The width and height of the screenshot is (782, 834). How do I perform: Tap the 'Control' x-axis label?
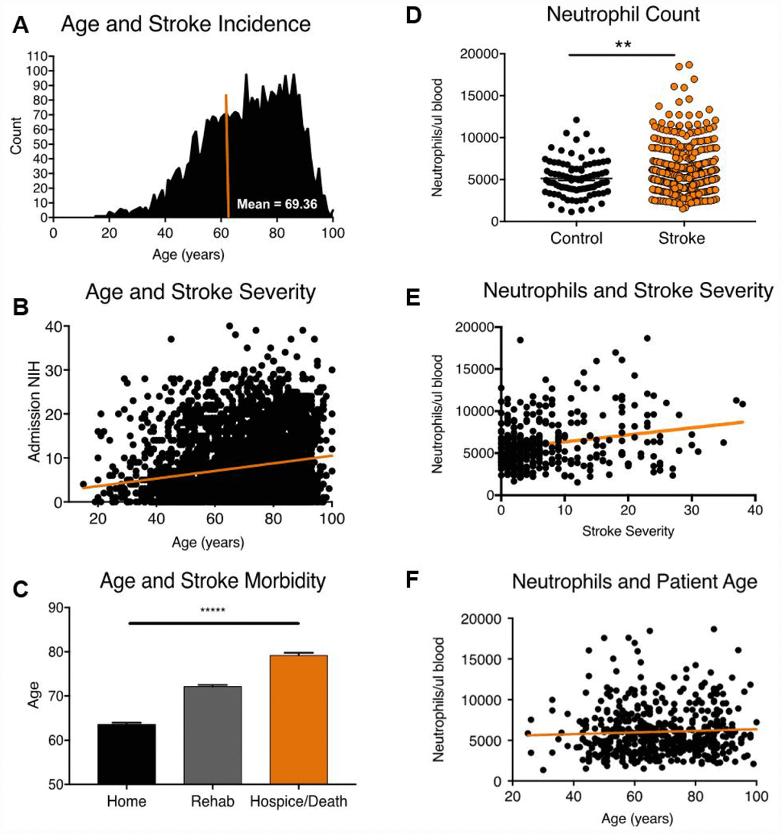click(x=576, y=238)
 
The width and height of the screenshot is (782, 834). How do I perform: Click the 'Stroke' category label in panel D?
click(x=682, y=238)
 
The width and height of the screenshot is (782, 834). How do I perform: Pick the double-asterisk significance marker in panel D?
click(x=622, y=44)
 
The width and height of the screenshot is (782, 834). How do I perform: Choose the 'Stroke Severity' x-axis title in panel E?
click(x=627, y=531)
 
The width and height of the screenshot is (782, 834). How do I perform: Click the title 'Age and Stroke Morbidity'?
click(x=208, y=582)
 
